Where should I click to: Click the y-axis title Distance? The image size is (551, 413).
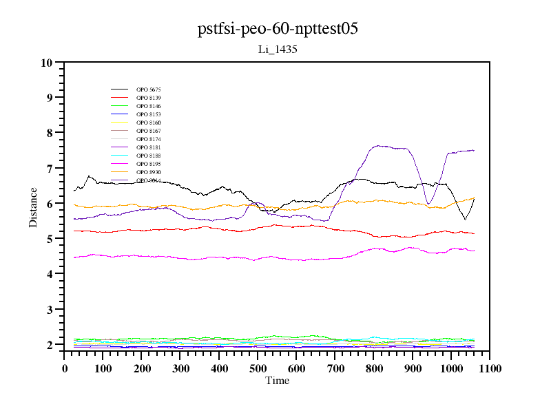click(33, 206)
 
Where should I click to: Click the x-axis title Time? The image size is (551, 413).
click(278, 381)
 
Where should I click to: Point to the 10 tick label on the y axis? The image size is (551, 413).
click(47, 63)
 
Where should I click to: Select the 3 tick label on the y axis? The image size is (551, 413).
click(49, 310)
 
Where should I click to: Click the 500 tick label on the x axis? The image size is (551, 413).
click(258, 368)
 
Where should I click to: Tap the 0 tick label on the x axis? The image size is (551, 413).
click(65, 368)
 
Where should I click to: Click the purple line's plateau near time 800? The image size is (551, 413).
click(382, 146)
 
